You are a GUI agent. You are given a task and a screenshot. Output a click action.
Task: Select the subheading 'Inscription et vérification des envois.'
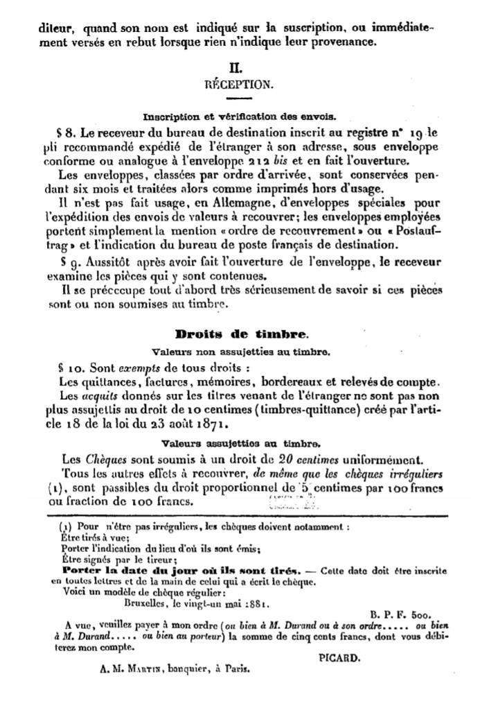pos(239,115)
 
